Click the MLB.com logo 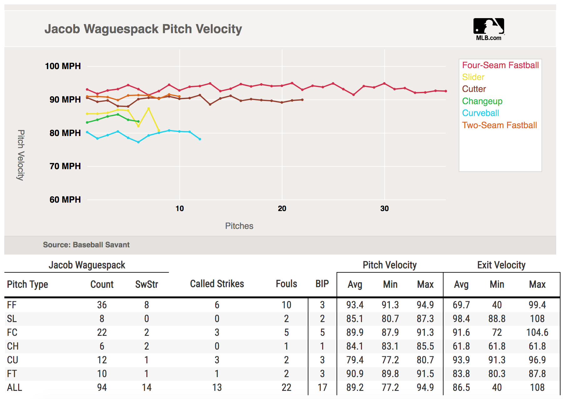point(489,29)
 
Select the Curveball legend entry point(480,113)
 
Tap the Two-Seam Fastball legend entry point(499,125)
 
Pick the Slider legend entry point(473,77)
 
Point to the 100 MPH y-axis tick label point(63,66)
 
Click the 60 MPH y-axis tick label point(65,200)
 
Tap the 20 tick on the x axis point(282,209)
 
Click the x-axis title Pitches point(239,226)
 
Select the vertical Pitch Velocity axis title point(21,155)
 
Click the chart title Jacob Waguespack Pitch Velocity point(143,29)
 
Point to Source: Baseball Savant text point(86,245)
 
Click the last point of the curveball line point(200,139)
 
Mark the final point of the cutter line point(302,100)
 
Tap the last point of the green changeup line point(138,121)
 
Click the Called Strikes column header point(217,284)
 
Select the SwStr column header point(146,285)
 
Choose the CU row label point(13,360)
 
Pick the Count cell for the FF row point(102,305)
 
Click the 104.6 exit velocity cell point(537,332)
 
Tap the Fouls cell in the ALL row point(286,388)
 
